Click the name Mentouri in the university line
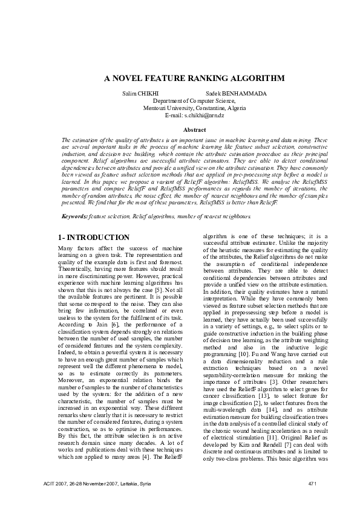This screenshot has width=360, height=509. click(155, 108)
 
